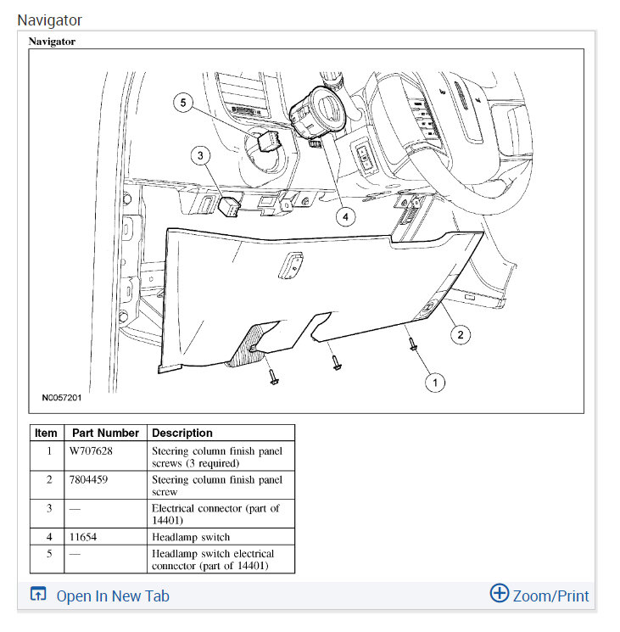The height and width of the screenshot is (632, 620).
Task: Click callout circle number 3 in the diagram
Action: (200, 155)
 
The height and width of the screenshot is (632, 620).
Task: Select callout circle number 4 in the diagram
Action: (344, 216)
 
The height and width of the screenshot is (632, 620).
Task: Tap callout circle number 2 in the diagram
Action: (460, 334)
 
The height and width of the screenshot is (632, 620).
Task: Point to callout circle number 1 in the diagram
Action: (434, 383)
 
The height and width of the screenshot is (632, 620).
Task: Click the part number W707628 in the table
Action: (91, 451)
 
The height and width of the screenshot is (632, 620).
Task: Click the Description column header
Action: (182, 433)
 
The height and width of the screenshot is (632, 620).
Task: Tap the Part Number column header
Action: (105, 433)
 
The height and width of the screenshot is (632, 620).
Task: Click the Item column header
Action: (46, 433)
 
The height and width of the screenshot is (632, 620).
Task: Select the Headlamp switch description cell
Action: (191, 537)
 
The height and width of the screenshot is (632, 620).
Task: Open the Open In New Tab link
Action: (112, 596)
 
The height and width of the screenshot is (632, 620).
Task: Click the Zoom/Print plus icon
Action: (499, 594)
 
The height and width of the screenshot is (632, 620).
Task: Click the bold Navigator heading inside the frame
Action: (52, 41)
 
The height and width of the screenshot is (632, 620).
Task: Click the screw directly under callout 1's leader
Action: (412, 344)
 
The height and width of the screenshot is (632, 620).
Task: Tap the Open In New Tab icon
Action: (37, 595)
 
